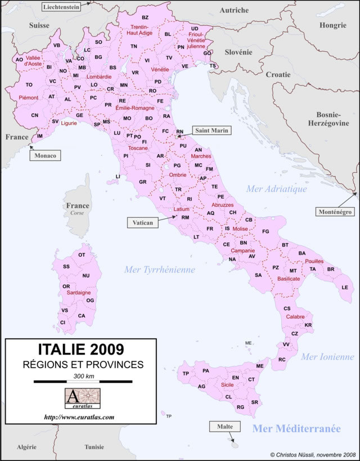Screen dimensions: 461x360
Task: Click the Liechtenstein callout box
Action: click(x=61, y=6)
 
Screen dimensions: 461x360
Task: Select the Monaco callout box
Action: click(x=46, y=156)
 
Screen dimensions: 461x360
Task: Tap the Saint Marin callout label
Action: click(x=211, y=131)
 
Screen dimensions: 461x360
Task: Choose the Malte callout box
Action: click(x=225, y=427)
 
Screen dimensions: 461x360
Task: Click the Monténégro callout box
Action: click(x=334, y=212)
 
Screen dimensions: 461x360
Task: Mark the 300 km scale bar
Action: click(x=83, y=382)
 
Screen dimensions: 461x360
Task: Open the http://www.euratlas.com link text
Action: click(x=79, y=417)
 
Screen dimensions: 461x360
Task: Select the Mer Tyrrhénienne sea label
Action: click(x=160, y=270)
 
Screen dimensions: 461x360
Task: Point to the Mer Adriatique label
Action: click(x=277, y=189)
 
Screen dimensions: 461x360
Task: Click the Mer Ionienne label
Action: click(x=327, y=357)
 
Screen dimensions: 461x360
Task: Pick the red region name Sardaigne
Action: click(x=79, y=293)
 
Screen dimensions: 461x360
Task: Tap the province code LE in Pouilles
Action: click(x=345, y=287)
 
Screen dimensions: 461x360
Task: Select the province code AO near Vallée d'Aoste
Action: click(x=19, y=59)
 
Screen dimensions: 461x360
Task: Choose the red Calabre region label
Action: click(x=295, y=317)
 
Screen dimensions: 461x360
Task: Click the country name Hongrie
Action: click(x=332, y=25)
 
